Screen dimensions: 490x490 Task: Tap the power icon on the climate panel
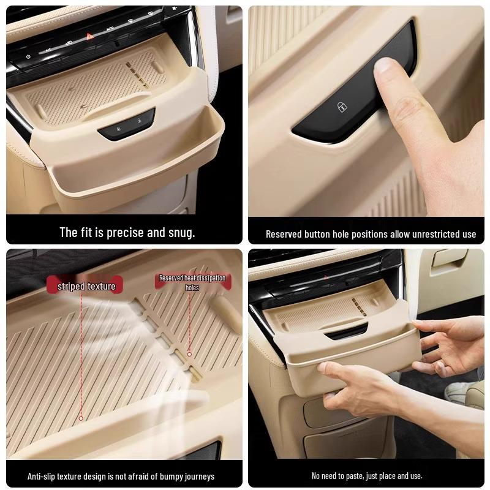28,56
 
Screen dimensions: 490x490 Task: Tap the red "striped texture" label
86,286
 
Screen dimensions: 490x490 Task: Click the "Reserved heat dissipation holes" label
192,282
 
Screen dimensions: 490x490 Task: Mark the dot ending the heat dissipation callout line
189,354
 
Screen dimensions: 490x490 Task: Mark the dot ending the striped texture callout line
81,418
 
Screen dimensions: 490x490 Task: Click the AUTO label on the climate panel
111,29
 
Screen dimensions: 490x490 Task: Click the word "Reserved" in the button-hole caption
284,234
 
